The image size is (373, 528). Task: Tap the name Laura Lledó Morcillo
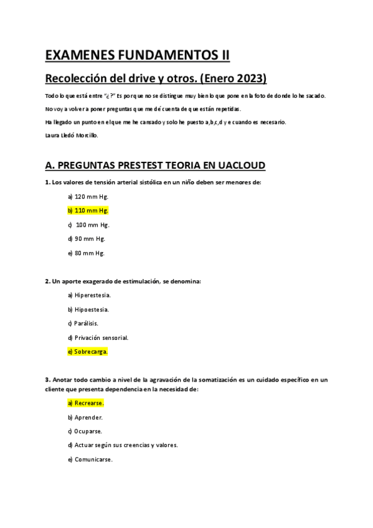[72, 134]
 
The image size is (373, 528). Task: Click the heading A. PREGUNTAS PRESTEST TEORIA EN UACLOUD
[156, 165]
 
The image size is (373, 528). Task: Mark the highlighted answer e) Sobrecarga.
[88, 352]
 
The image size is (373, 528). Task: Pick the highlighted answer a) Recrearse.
[86, 403]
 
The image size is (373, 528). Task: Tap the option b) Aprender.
[85, 417]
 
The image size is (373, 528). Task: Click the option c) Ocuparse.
[85, 431]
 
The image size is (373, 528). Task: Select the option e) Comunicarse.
[90, 460]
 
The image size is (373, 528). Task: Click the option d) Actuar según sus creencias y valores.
[123, 445]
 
